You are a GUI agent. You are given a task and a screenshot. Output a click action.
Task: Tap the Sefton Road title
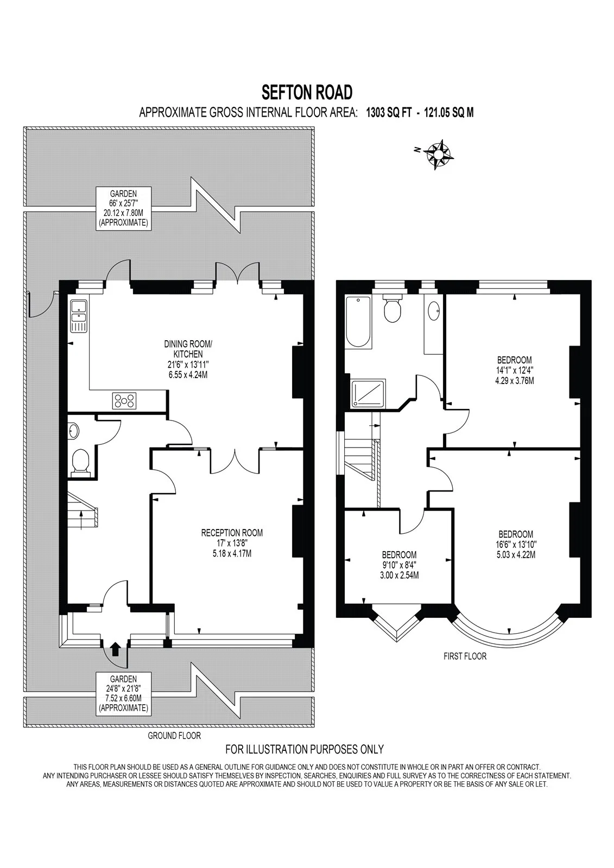(307, 93)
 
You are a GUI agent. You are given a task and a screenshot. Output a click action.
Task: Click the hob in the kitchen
(124, 400)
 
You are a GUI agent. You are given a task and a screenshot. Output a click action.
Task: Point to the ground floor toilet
(80, 462)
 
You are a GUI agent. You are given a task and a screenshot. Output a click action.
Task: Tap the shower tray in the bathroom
(369, 393)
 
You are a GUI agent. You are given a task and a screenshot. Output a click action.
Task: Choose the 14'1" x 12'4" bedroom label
(514, 370)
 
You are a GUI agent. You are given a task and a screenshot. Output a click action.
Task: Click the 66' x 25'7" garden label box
(123, 208)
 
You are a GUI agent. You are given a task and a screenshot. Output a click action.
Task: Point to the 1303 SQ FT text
(389, 113)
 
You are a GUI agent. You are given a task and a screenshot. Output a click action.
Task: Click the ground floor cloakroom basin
(73, 430)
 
